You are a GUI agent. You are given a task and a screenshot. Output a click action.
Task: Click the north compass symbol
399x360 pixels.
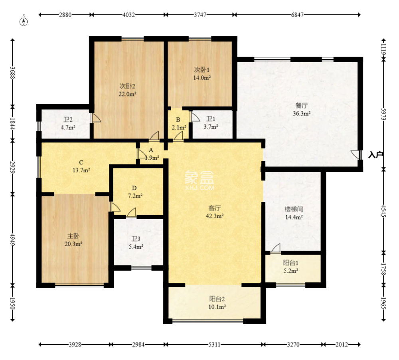tap(24, 22)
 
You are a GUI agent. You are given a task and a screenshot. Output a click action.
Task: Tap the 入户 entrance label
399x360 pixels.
tap(376, 154)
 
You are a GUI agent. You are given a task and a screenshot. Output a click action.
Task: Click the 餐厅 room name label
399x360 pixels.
tap(302, 105)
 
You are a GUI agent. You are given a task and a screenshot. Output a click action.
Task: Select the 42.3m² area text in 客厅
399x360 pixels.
tap(215, 216)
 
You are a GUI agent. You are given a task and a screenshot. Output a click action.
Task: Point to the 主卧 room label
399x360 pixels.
tap(73, 236)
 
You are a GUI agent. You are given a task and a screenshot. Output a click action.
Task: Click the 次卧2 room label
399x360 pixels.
tap(128, 86)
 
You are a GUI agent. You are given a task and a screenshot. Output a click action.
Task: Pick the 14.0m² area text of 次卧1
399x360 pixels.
tap(202, 78)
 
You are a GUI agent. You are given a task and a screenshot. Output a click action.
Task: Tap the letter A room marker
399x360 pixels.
tap(151, 150)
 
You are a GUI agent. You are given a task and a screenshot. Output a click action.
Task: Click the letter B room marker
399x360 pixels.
tap(178, 120)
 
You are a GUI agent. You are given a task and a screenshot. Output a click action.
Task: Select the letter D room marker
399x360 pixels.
tap(134, 188)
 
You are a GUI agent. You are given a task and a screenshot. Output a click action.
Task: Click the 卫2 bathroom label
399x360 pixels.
tap(68, 119)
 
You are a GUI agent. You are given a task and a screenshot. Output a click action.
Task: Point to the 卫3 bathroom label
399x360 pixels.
tap(136, 239)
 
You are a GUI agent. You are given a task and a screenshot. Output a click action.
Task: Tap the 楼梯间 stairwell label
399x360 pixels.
tap(294, 209)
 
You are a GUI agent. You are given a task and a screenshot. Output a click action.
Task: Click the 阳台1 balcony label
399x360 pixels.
tap(291, 263)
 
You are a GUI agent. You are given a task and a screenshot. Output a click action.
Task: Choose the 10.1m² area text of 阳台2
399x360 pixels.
tap(217, 307)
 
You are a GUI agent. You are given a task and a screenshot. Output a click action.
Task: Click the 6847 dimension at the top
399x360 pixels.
tap(297, 15)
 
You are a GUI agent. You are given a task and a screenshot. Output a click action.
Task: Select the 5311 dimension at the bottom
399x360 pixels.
tap(214, 344)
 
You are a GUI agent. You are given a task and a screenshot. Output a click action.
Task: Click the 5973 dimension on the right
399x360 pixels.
tap(384, 114)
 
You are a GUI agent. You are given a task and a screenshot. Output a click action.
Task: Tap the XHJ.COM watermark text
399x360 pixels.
tap(200, 188)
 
